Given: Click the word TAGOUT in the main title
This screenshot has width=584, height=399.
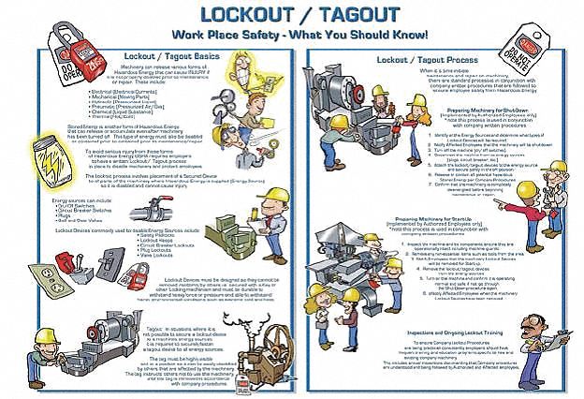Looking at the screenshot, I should (x=364, y=17).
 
